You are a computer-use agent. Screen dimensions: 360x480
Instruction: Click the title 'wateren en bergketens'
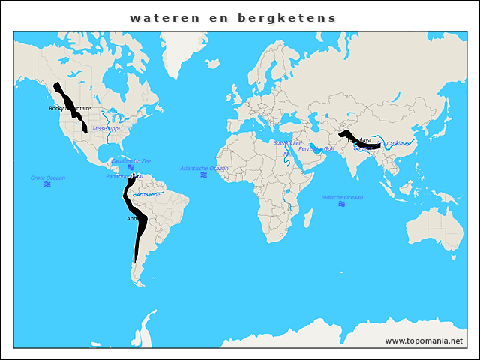232,17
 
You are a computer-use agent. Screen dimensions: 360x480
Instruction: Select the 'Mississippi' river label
106,129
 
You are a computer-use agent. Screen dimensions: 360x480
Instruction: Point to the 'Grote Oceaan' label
48,178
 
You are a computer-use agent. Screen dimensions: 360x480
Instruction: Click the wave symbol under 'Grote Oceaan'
47,184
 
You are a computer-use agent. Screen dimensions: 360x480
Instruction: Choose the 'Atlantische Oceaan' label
204,169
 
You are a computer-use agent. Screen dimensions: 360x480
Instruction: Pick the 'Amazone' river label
146,194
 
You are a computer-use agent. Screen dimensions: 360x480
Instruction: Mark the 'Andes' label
133,219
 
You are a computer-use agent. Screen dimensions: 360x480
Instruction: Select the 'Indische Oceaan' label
341,197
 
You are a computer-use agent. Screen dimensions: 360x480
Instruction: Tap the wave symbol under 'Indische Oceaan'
341,204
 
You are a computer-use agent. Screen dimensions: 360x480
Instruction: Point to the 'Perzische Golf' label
316,149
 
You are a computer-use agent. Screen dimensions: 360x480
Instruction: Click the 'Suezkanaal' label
287,142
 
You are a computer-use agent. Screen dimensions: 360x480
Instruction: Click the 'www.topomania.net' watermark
424,340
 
